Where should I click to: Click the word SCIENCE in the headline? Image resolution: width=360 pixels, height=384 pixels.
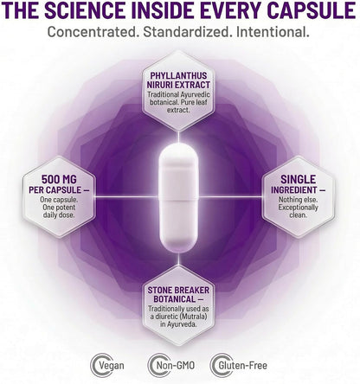coord(87,10)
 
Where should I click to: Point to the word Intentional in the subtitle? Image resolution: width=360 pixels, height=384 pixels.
coord(273,32)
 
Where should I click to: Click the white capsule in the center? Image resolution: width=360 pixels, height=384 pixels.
coord(179,198)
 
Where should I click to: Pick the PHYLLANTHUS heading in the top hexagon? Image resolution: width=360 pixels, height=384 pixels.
coord(178,75)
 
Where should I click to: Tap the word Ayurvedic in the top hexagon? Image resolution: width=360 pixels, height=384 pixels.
coord(196,95)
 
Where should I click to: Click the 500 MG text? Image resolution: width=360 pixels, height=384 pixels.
coord(59,179)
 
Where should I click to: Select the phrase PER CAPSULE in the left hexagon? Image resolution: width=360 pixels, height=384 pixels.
coord(55,190)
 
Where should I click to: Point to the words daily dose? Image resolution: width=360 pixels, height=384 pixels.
coord(59,215)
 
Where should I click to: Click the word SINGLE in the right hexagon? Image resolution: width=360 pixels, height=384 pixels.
coord(299,179)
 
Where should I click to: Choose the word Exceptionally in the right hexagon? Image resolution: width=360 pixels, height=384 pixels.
coord(299,208)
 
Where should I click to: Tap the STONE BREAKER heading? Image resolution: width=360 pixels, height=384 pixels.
coord(178,290)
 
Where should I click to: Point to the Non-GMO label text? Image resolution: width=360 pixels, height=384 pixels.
coord(176,366)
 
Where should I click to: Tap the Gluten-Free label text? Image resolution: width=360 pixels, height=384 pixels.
coord(242,366)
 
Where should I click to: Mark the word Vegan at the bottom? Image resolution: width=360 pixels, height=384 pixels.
coord(112,366)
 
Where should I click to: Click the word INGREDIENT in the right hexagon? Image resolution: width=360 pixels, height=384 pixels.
coord(294,190)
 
